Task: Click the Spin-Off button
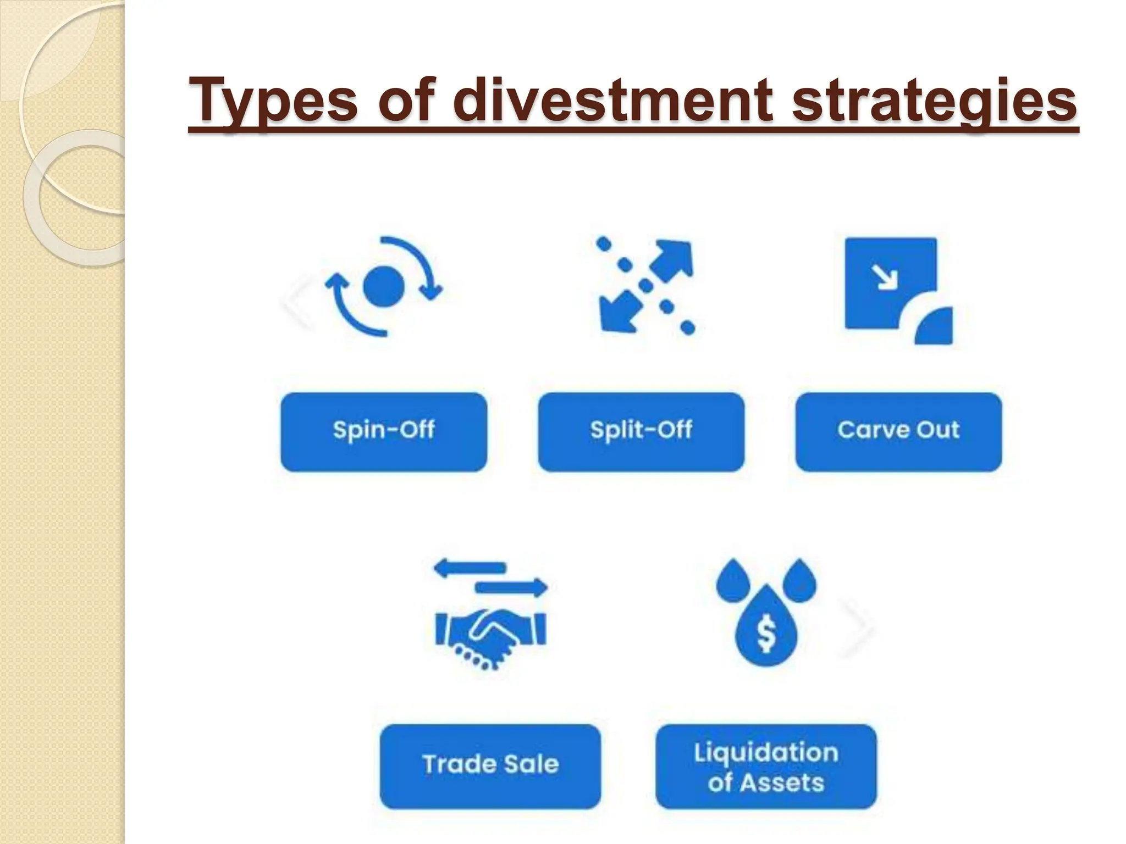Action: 384,432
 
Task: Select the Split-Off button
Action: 641,432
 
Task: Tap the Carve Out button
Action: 898,432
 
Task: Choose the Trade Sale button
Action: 490,766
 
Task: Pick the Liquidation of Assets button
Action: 766,766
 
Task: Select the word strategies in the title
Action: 934,101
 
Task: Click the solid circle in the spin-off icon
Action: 384,286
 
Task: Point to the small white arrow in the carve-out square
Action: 887,277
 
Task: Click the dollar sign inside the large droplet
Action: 766,633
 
